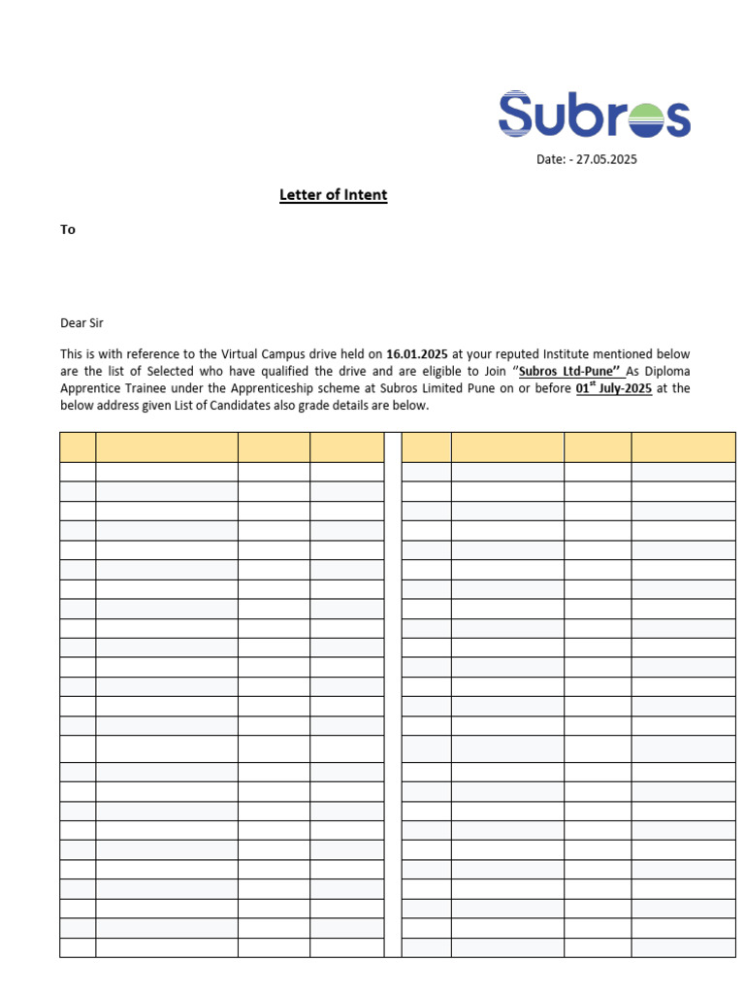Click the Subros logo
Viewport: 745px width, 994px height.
point(594,115)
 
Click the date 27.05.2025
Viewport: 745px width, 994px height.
point(606,159)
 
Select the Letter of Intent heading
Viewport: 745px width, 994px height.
point(333,195)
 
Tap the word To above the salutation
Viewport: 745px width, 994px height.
point(68,230)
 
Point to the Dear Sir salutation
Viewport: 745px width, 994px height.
point(81,323)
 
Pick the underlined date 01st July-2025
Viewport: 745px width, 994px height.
point(613,389)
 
